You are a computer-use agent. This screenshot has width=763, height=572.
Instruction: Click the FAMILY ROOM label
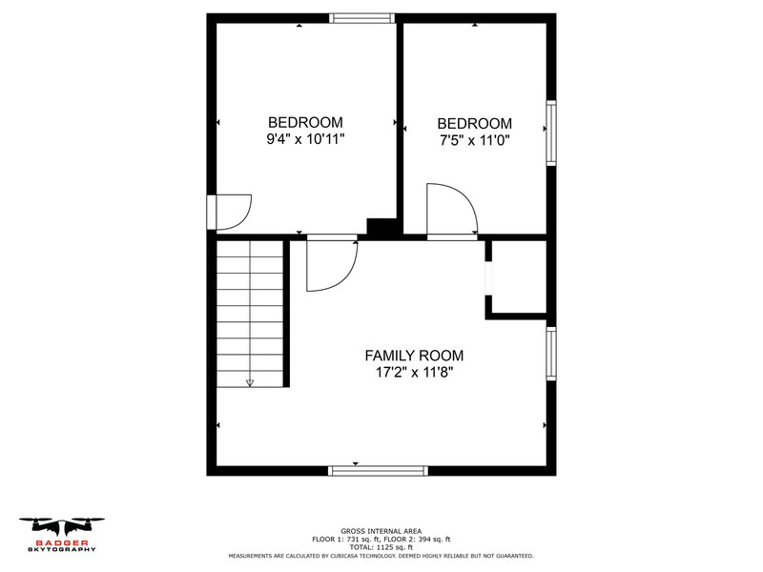tap(414, 356)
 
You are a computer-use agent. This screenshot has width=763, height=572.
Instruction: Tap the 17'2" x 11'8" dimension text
tap(414, 373)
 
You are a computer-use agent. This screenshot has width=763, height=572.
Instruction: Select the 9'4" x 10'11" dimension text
tap(305, 139)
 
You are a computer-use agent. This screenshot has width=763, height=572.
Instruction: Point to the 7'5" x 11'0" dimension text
tap(474, 140)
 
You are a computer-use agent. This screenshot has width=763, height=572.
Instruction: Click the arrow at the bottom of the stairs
tap(250, 383)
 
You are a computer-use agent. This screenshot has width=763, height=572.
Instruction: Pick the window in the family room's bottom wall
tap(378, 470)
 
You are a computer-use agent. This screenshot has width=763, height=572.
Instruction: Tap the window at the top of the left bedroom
tap(361, 18)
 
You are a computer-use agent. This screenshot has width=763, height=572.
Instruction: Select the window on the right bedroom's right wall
tap(551, 133)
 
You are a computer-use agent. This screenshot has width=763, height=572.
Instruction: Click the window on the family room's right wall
tap(551, 354)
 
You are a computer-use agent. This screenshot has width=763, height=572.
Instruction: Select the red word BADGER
tap(62, 542)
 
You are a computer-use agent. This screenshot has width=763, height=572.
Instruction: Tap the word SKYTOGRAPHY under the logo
tap(62, 550)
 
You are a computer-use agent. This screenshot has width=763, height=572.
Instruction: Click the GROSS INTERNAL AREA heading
tap(381, 531)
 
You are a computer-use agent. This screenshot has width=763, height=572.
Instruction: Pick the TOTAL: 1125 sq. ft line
tap(381, 547)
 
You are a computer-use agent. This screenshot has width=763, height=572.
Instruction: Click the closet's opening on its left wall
tap(488, 277)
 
